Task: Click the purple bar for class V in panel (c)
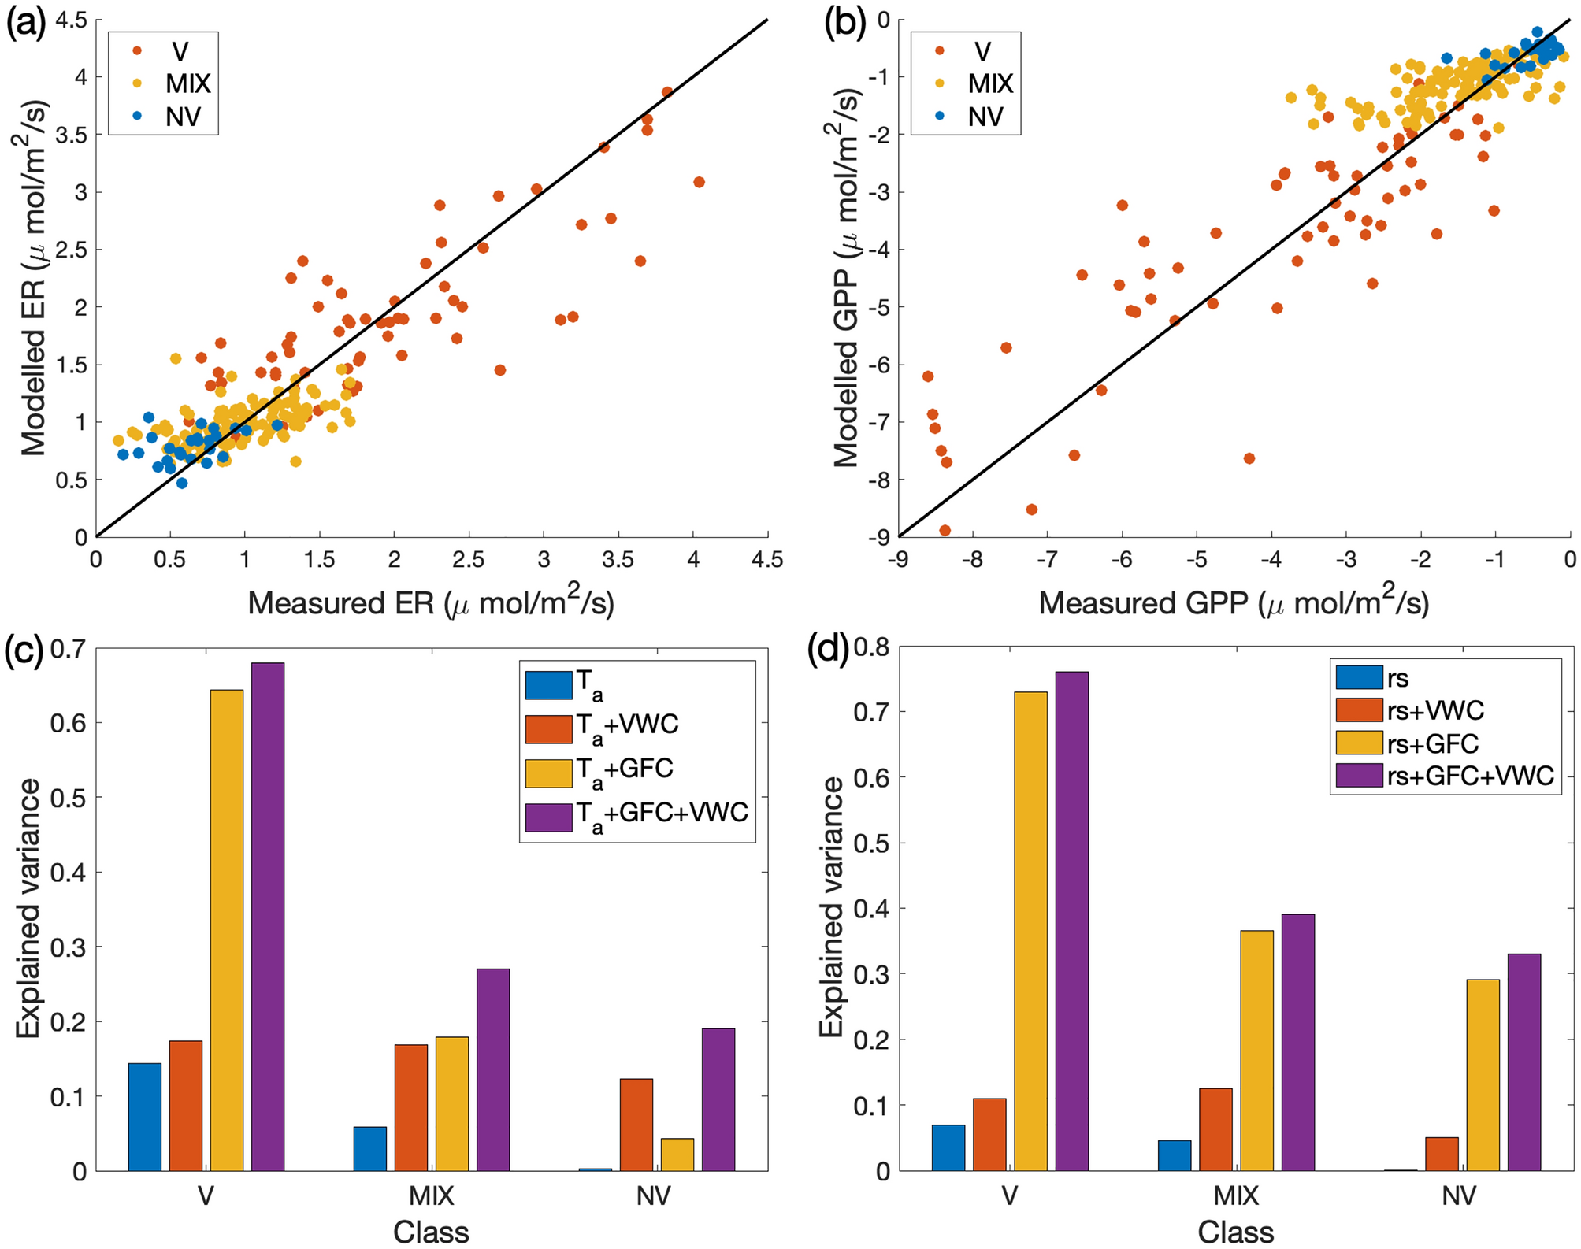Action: (x=268, y=917)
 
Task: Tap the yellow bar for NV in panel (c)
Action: (x=677, y=1154)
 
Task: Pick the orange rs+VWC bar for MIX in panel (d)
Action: (x=1215, y=1129)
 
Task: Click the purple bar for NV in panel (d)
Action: (x=1523, y=1062)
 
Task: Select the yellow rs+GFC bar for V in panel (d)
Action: (x=1031, y=931)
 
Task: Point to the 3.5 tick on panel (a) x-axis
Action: (x=618, y=560)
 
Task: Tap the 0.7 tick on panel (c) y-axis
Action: (x=69, y=650)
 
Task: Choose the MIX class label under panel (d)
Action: (x=1236, y=1196)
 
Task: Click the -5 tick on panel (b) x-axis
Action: (x=1197, y=560)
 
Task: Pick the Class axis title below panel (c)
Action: (x=431, y=1232)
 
